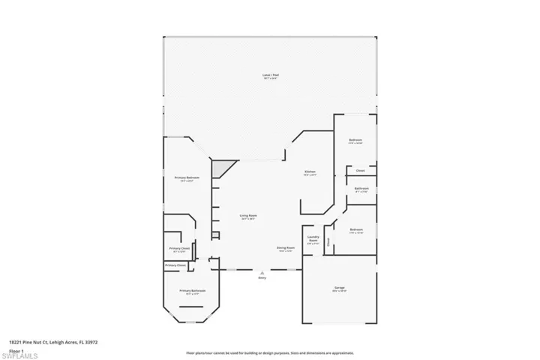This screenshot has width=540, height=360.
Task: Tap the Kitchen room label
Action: pyautogui.click(x=310, y=173)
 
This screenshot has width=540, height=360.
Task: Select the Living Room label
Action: pyautogui.click(x=248, y=217)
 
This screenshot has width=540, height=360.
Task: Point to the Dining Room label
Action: pyautogui.click(x=286, y=248)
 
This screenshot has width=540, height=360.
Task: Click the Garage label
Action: pyautogui.click(x=339, y=289)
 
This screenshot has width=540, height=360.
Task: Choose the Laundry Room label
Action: pyautogui.click(x=313, y=240)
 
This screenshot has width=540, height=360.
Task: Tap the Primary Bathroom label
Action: pyautogui.click(x=193, y=291)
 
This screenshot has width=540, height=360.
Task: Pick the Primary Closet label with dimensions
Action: pyautogui.click(x=179, y=249)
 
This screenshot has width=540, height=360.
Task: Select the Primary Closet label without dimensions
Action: pyautogui.click(x=175, y=265)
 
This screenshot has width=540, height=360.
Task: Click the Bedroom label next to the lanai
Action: pyautogui.click(x=355, y=141)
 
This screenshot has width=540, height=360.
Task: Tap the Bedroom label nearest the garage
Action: pyautogui.click(x=355, y=230)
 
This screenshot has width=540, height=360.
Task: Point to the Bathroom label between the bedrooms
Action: pyautogui.click(x=361, y=189)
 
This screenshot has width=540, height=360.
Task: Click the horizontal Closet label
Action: pyautogui.click(x=360, y=171)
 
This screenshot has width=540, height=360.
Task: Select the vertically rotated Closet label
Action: pyautogui.click(x=328, y=241)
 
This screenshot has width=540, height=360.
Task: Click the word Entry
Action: pyautogui.click(x=262, y=278)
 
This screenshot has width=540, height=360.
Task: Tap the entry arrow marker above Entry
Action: pyautogui.click(x=262, y=271)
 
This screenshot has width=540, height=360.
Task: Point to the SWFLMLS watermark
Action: pyautogui.click(x=22, y=353)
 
